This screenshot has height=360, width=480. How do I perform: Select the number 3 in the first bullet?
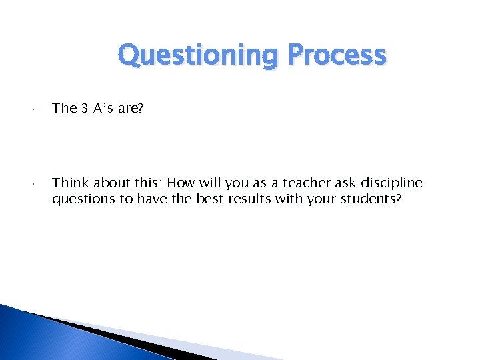pyautogui.click(x=85, y=108)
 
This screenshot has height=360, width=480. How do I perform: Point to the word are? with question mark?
pyautogui.click(x=130, y=108)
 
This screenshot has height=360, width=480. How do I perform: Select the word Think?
pyautogui.click(x=71, y=183)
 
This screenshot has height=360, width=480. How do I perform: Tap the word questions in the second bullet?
pyautogui.click(x=83, y=199)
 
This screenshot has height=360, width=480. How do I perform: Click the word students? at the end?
pyautogui.click(x=373, y=199)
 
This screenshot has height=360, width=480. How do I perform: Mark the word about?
pyautogui.click(x=112, y=183)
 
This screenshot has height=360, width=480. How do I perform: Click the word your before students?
pyautogui.click(x=325, y=199)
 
